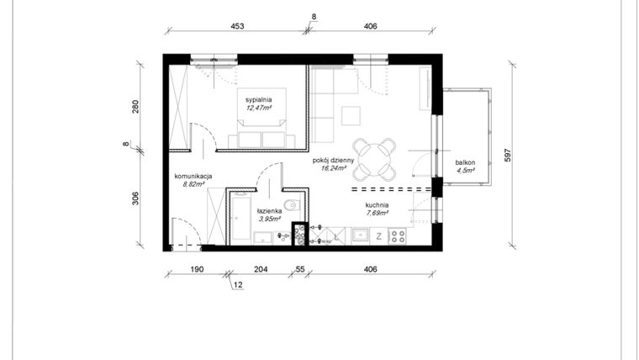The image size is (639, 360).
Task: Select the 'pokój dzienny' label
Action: tap(332, 159)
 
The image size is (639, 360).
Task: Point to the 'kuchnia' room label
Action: tap(377, 204)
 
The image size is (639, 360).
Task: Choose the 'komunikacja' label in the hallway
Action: tap(193, 176)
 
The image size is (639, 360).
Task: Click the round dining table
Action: tap(374, 159)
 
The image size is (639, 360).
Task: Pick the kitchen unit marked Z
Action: tap(379, 236)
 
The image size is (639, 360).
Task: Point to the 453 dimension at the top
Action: tap(237, 27)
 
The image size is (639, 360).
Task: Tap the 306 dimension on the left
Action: tap(135, 199)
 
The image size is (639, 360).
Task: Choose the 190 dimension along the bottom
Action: tap(197, 269)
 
